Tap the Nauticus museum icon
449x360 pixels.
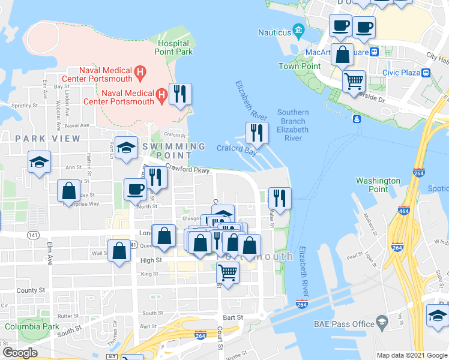tap(298, 31)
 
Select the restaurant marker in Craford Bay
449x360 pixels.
tap(257, 134)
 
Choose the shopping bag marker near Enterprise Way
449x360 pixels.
tap(69, 191)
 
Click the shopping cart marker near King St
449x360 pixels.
tap(228, 273)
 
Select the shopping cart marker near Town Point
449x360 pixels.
tap(354, 80)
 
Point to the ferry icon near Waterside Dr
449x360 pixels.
tap(357, 118)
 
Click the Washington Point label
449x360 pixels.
tap(378, 185)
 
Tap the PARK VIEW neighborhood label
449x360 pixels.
tap(48, 139)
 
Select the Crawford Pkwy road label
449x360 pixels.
tap(187, 170)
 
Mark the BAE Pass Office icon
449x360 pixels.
tap(381, 323)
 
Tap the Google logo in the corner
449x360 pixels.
tap(20, 352)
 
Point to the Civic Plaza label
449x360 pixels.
tap(401, 73)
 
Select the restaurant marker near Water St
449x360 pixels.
tap(280, 197)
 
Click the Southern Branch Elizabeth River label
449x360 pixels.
tap(293, 125)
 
